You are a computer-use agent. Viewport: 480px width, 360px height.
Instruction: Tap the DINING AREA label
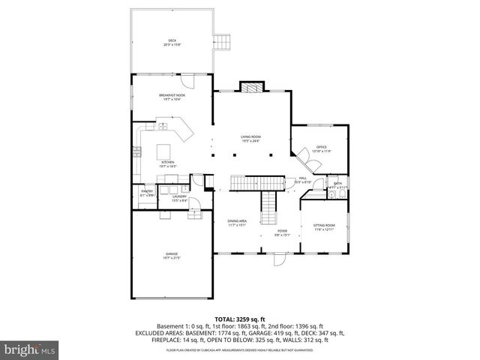(238, 222)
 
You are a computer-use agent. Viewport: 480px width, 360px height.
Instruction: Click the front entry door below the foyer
(279, 262)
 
